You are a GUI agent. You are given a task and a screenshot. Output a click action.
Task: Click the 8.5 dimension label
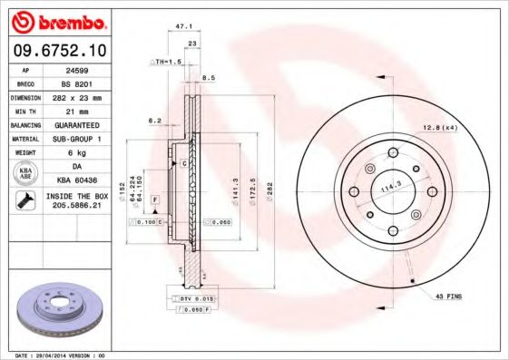tap(208, 78)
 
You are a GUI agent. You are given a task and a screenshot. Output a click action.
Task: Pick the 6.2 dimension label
tap(154, 121)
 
